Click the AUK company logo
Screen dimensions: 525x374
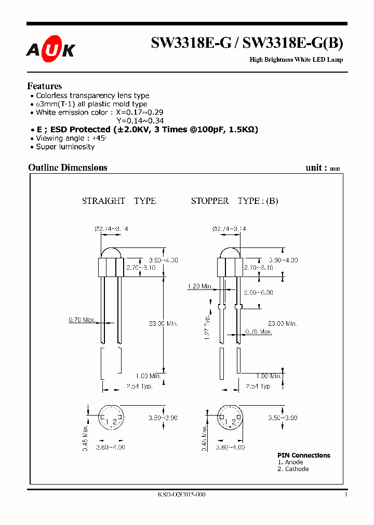pyautogui.click(x=51, y=49)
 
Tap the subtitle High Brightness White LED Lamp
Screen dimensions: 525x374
pyautogui.click(x=296, y=60)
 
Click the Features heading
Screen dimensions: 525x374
pyautogui.click(x=45, y=86)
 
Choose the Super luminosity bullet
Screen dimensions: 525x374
pyautogui.click(x=65, y=147)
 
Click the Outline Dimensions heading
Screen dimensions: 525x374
pyautogui.click(x=68, y=168)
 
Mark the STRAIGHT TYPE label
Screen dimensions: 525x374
pyautogui.click(x=119, y=201)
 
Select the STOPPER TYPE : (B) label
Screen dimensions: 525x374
pyautogui.click(x=234, y=201)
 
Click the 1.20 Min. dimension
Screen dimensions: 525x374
pyautogui.click(x=200, y=286)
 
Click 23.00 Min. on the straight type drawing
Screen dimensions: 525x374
pyautogui.click(x=164, y=323)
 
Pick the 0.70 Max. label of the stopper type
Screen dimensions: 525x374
pyautogui.click(x=259, y=331)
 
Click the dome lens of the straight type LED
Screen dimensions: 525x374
pyautogui.click(x=111, y=253)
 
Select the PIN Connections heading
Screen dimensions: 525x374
pyautogui.click(x=303, y=455)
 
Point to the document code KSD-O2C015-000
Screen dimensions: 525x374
pyautogui.click(x=181, y=494)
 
